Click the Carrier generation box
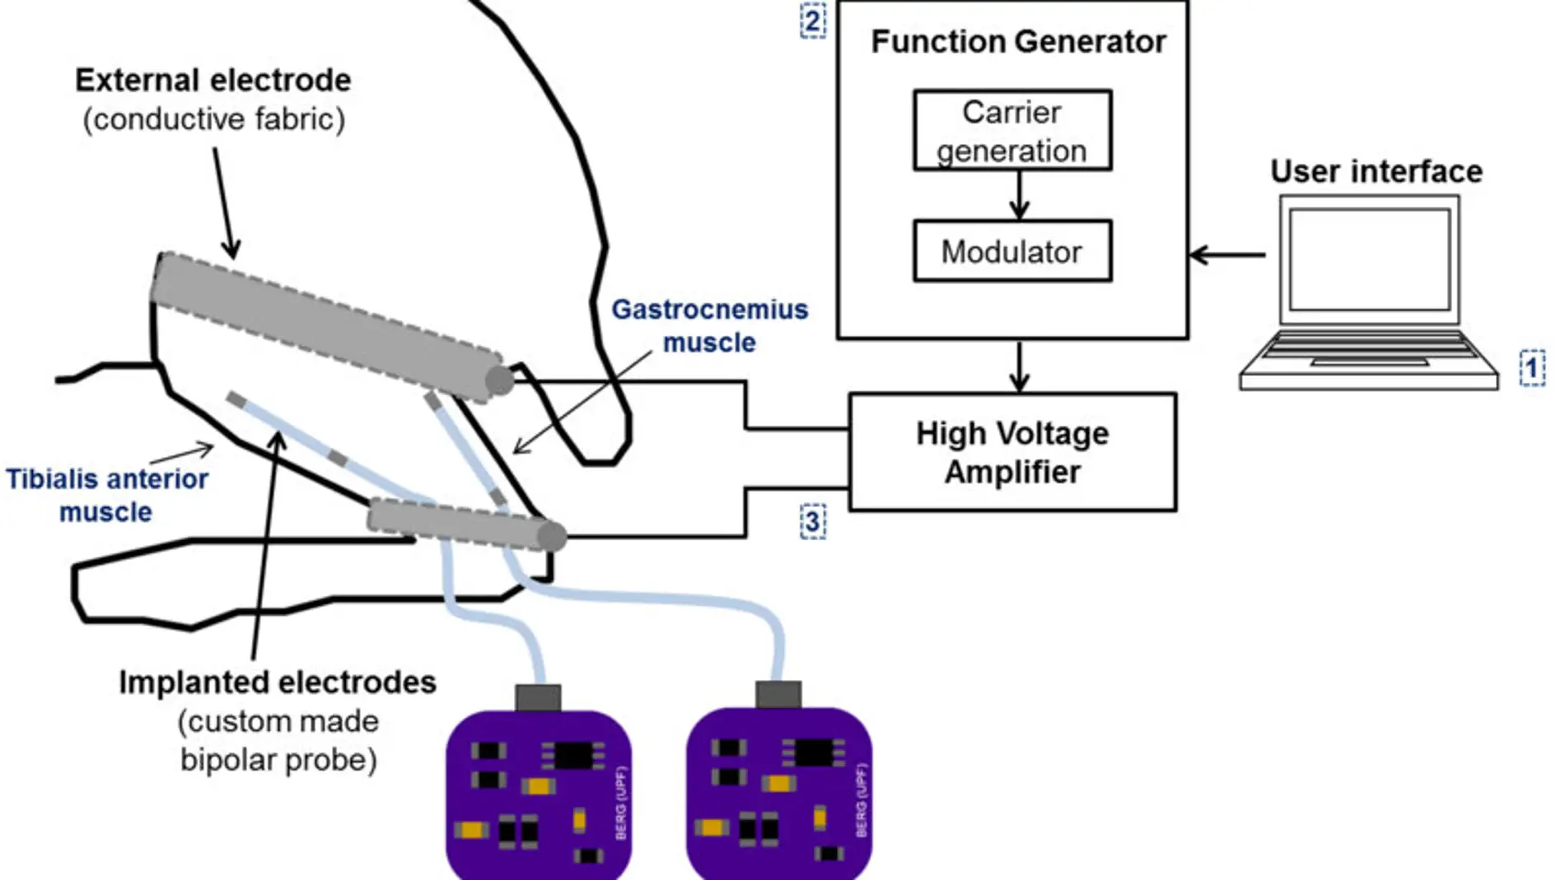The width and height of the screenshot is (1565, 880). click(x=1012, y=131)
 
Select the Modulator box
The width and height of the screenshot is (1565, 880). click(x=1012, y=251)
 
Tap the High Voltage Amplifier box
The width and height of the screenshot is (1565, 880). click(x=1012, y=452)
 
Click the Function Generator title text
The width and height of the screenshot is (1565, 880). click(x=1018, y=42)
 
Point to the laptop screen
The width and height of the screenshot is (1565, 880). click(x=1370, y=259)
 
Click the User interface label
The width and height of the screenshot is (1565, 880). click(x=1376, y=171)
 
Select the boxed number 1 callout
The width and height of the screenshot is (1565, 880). click(x=1532, y=367)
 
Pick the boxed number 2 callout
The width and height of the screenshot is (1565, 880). click(x=813, y=21)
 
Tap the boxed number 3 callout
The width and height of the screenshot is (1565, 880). click(x=813, y=521)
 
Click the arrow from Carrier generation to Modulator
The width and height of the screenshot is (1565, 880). click(x=1020, y=196)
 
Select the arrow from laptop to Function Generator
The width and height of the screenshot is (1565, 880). click(x=1227, y=255)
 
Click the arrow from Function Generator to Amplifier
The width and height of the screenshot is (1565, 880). click(x=1020, y=366)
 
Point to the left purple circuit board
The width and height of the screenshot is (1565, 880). click(x=539, y=794)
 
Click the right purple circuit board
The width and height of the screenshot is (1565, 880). click(x=778, y=794)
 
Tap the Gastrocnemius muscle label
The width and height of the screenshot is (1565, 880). click(x=709, y=326)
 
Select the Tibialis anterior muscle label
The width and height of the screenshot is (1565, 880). click(x=107, y=495)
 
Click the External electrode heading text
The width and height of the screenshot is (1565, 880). click(x=213, y=81)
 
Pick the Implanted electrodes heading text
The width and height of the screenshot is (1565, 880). click(x=278, y=682)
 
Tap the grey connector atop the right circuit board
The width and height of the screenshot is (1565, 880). click(x=778, y=694)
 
